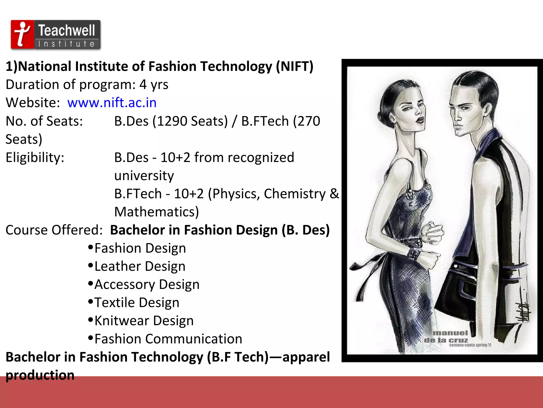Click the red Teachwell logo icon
22,34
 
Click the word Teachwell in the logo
67,30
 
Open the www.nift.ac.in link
112,103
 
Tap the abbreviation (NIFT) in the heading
295,66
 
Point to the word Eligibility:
35,158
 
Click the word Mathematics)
156,212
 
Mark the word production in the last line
40,375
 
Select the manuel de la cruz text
448,337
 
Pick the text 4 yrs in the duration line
154,85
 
